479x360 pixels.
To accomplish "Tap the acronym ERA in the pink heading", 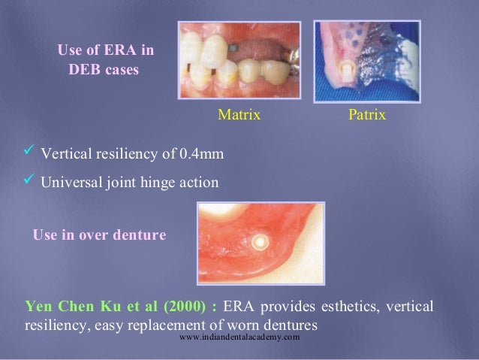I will click(123, 51).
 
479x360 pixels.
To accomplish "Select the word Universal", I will click(70, 183).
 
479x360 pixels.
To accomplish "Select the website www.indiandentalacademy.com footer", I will click(240, 338).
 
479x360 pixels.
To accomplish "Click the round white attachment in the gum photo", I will click(260, 244).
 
